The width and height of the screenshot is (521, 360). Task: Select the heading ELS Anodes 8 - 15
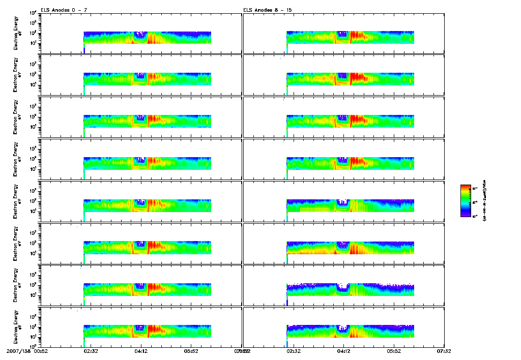click(263, 10)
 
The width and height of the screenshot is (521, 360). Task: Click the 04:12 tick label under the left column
click(141, 351)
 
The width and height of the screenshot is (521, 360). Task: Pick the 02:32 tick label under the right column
click(294, 351)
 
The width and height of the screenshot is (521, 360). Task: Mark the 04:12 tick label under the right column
click(344, 351)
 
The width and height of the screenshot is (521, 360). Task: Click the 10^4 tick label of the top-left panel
click(32, 13)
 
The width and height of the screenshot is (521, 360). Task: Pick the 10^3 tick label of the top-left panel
click(32, 23)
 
